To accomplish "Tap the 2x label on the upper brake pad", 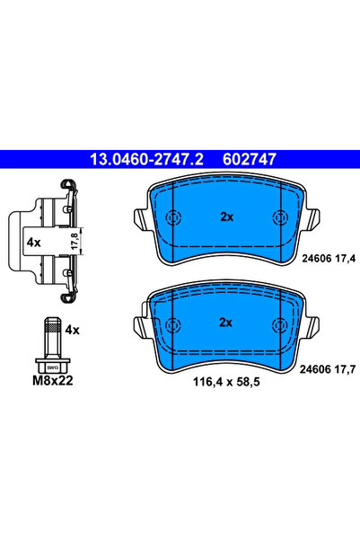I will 226,217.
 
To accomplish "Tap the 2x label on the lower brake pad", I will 226,323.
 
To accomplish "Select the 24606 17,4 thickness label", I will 328,257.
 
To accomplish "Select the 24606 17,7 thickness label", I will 328,367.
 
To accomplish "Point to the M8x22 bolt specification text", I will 53,381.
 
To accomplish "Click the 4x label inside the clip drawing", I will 33,243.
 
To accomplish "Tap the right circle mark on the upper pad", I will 279,217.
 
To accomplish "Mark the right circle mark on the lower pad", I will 279,323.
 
